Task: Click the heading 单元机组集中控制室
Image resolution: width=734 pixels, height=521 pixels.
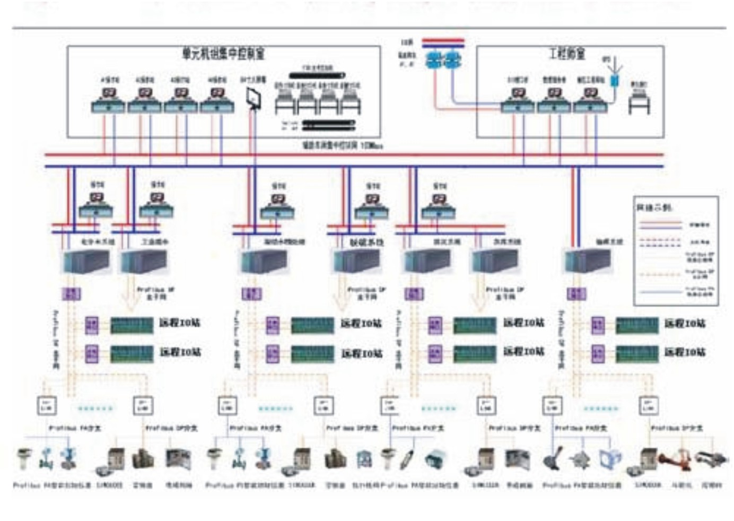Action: (x=223, y=54)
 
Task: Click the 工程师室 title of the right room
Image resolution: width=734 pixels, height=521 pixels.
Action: (x=567, y=54)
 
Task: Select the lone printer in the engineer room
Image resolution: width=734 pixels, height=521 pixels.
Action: (x=639, y=101)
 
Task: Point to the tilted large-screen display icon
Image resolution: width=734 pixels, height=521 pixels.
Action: (x=254, y=99)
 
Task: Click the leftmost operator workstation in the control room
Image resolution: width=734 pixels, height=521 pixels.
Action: (x=108, y=100)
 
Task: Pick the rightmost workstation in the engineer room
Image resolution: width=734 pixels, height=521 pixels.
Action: (x=590, y=100)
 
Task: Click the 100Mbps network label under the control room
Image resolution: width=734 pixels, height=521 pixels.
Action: (x=342, y=145)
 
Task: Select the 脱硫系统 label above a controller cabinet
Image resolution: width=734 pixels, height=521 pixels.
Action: (x=366, y=242)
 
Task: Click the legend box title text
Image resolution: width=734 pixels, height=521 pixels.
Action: (x=654, y=207)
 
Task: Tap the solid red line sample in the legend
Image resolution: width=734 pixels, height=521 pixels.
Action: (x=660, y=222)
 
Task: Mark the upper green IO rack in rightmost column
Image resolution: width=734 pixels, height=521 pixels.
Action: (x=637, y=325)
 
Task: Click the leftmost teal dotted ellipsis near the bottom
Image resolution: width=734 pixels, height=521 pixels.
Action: (x=95, y=408)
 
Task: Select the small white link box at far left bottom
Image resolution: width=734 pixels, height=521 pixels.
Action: (x=46, y=406)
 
